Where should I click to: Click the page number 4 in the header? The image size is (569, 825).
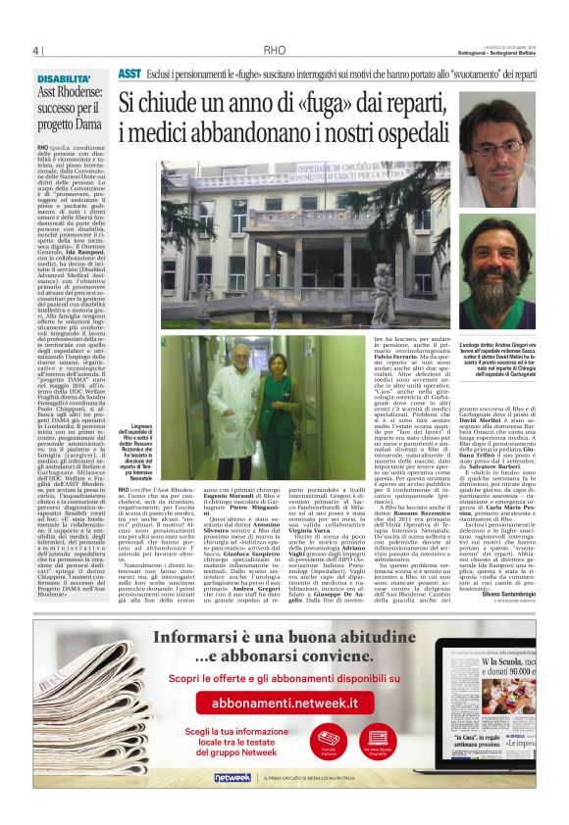[34, 51]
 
